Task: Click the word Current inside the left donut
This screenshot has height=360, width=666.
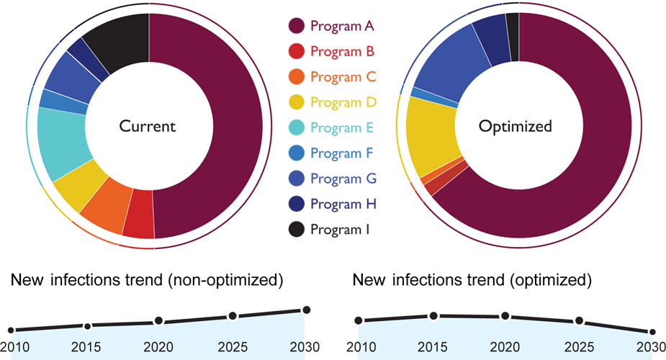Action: [x=148, y=126]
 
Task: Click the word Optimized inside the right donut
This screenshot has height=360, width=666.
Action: [x=516, y=126]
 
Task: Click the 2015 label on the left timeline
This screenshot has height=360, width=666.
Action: [x=87, y=348]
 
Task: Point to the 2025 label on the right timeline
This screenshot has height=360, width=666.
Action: [x=579, y=348]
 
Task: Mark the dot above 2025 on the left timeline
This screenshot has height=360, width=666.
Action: [x=232, y=315]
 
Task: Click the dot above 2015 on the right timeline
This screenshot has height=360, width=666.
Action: [x=433, y=315]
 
